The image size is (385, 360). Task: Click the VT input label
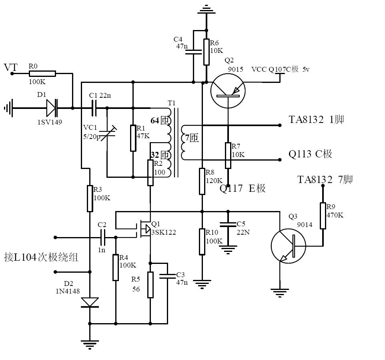[x=11, y=67]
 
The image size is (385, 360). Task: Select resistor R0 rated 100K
[x=42, y=74]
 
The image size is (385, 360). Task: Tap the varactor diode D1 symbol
[x=52, y=108]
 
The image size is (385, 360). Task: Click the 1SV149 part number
[x=50, y=122]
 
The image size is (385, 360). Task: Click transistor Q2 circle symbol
[x=228, y=91]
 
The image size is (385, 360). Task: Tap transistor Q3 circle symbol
[x=288, y=246]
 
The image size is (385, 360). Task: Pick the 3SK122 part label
[x=163, y=232]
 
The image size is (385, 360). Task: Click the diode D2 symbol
[x=90, y=302]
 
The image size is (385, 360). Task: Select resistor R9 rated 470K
[x=323, y=215]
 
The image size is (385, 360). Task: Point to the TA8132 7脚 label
[x=325, y=179]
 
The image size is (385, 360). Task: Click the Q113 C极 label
[x=310, y=154]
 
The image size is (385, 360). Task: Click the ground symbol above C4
[x=206, y=8]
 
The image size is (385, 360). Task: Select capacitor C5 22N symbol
[x=228, y=224]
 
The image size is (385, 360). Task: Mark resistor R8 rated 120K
[x=203, y=181]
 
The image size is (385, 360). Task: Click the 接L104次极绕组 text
[x=40, y=257]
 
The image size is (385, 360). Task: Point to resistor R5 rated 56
[x=150, y=284]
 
